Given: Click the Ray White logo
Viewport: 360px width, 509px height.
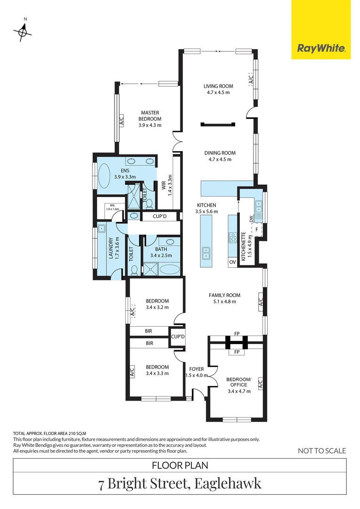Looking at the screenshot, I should (x=321, y=48).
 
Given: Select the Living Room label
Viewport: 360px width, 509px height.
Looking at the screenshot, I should (x=218, y=89).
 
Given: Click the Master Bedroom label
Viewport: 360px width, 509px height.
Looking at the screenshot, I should (x=150, y=119).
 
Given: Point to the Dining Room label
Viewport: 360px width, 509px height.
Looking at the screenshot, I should (x=220, y=156).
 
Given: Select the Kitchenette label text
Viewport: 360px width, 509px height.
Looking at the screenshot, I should (x=244, y=247).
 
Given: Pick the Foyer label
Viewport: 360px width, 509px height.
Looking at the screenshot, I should (x=196, y=372).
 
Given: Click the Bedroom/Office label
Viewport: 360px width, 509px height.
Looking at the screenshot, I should (x=239, y=385).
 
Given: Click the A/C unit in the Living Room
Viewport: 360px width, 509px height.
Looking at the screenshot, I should (x=251, y=79).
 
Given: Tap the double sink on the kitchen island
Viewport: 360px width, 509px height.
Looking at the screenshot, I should (x=206, y=253).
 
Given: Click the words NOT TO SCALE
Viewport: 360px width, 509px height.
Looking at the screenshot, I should (x=322, y=451).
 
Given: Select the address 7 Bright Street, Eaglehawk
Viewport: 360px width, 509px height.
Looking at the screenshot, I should (x=180, y=484).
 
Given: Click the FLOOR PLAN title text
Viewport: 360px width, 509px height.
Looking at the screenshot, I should (x=180, y=466).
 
